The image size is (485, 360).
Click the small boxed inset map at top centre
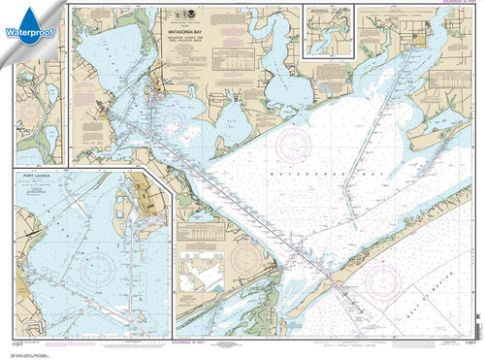click(x=329, y=31)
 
